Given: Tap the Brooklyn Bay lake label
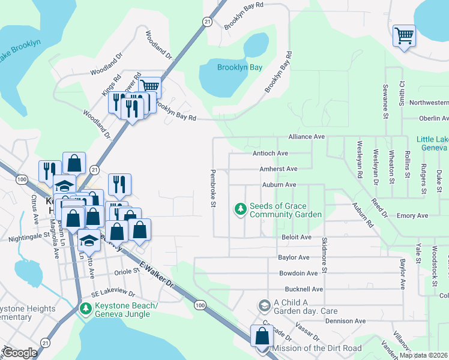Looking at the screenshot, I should [240, 67].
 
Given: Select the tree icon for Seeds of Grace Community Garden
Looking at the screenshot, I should [240, 209].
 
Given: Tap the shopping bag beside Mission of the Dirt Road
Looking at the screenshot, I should [262, 336].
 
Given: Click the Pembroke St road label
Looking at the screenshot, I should [212, 188].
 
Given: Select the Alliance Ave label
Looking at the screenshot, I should [306, 137].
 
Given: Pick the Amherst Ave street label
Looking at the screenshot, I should [278, 169].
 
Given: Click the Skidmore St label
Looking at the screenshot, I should [325, 255].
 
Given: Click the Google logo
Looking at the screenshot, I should [20, 353].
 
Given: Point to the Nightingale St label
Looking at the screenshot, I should [28, 238].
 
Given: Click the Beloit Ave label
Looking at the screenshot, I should [297, 237].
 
